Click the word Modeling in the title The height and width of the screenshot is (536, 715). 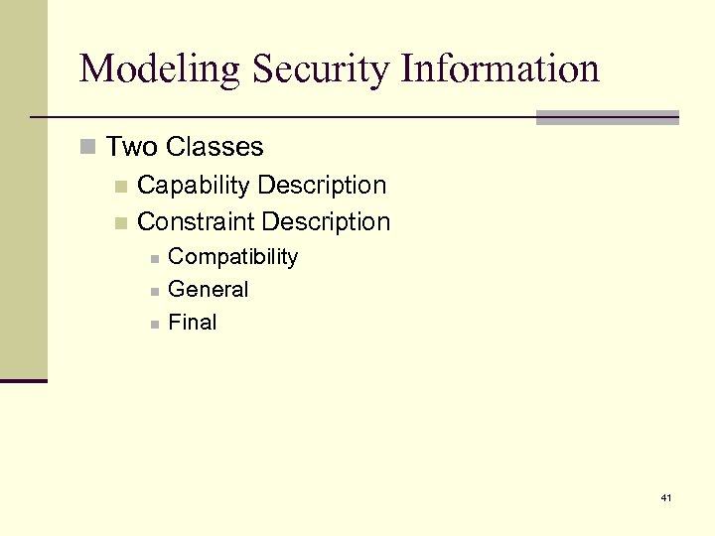[x=160, y=69]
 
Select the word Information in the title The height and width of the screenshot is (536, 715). [x=500, y=68]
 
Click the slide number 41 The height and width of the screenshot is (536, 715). [x=665, y=497]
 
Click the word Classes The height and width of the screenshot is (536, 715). [x=214, y=147]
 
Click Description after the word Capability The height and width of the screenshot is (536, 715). [x=322, y=186]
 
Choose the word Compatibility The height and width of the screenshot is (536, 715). [x=233, y=257]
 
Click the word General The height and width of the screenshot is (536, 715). [x=209, y=290]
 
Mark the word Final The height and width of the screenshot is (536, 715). [x=193, y=323]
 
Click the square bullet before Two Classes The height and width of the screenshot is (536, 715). [x=88, y=148]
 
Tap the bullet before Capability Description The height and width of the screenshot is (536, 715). [x=120, y=187]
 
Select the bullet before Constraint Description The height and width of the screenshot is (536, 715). [x=120, y=222]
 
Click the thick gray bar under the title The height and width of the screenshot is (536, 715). [x=607, y=117]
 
